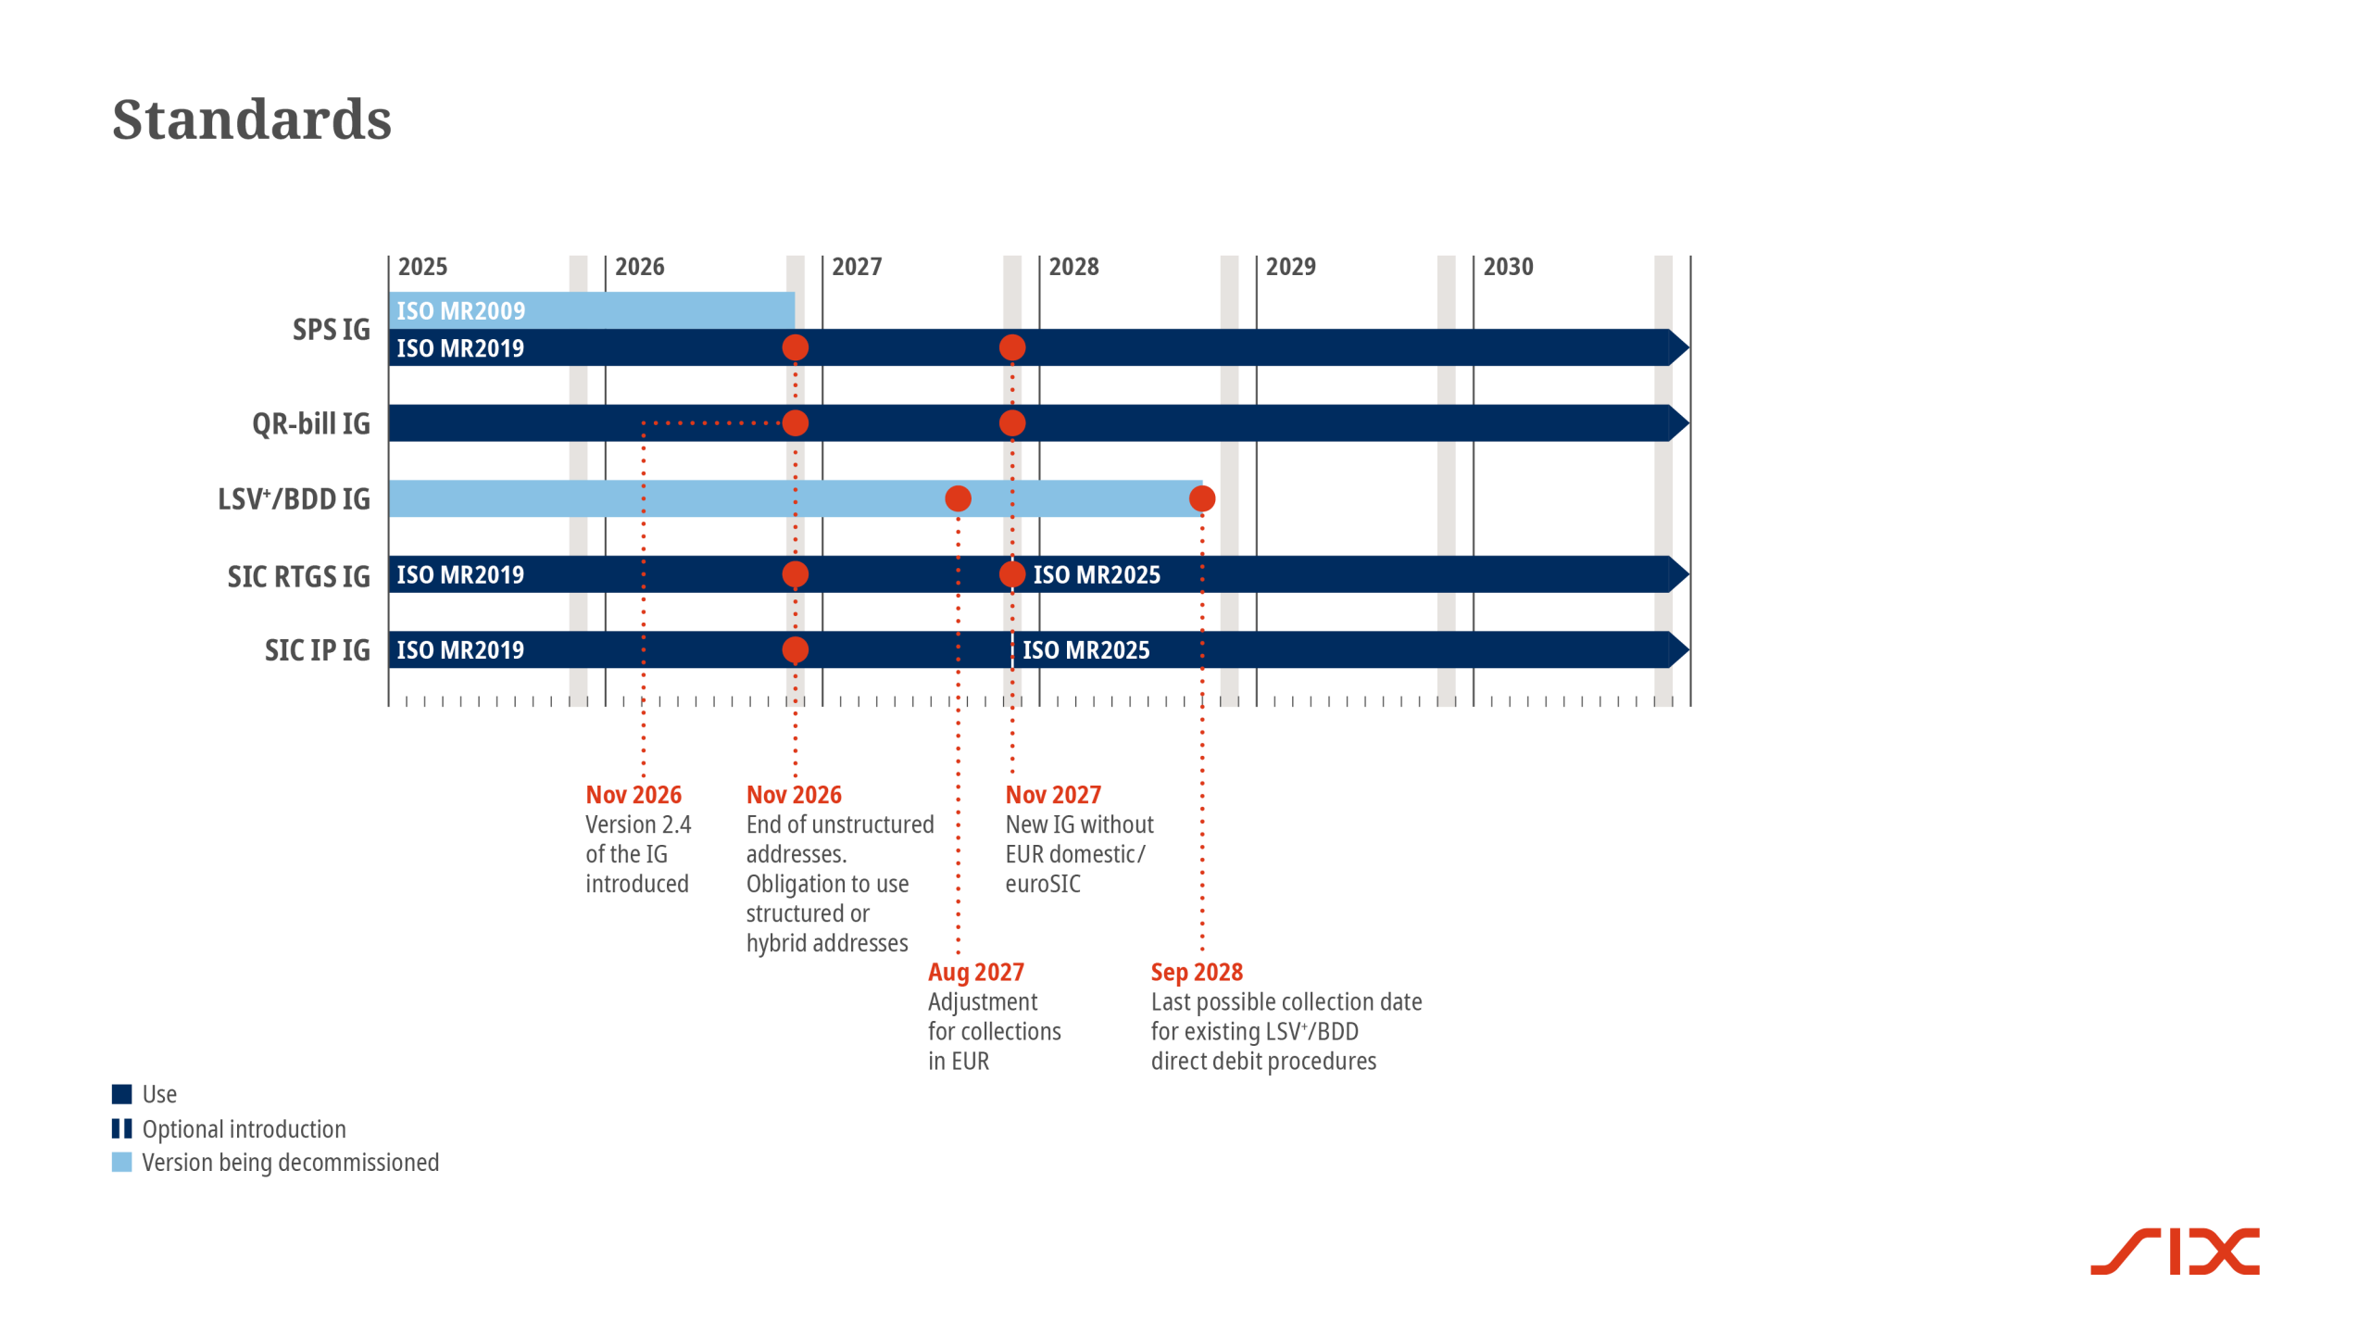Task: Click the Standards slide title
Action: (252, 120)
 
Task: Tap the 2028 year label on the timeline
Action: (1073, 267)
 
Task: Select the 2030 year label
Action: (1508, 267)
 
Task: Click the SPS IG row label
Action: (331, 330)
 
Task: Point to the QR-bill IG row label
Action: (310, 423)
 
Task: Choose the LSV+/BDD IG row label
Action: (294, 499)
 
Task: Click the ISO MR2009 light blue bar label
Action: (460, 311)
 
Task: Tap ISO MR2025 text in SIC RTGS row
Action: (1097, 575)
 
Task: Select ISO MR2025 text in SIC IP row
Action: (1085, 650)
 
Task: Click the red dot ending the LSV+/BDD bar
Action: (1202, 499)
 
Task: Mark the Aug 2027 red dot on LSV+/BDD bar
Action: (958, 499)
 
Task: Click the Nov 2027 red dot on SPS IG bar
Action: (1012, 348)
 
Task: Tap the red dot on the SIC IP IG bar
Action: (795, 650)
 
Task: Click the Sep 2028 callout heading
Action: (1197, 972)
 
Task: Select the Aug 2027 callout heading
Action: (975, 972)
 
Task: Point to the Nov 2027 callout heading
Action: (1053, 795)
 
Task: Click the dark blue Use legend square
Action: (122, 1094)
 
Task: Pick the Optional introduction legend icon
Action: (122, 1128)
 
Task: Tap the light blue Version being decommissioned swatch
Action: (122, 1163)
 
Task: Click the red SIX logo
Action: (2175, 1252)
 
